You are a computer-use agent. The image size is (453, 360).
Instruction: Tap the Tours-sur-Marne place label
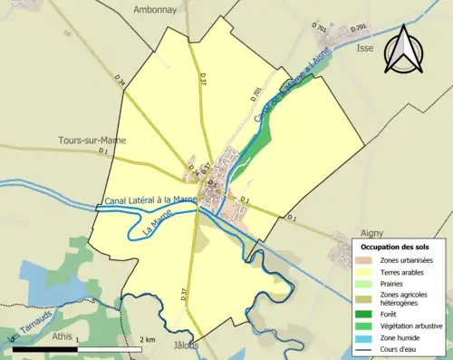[92, 141]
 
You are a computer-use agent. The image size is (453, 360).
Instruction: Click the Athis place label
[62, 336]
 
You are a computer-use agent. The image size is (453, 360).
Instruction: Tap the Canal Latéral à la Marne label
[150, 200]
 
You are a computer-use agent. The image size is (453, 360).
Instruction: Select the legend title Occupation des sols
[396, 247]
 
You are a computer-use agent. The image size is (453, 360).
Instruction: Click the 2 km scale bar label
[150, 339]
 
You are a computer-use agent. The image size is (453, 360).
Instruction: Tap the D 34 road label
[120, 82]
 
